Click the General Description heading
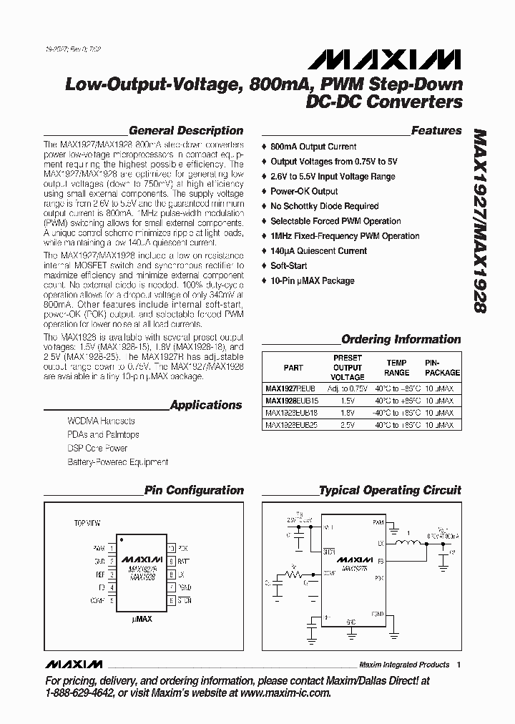186,131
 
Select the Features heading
436,131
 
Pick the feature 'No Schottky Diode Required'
325,206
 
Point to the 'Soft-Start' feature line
290,265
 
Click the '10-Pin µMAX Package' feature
312,280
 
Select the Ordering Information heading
401,339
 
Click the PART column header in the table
293,368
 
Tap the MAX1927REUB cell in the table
290,387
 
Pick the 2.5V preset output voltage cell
348,424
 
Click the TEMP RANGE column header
397,368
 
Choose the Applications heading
206,405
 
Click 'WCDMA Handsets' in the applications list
101,421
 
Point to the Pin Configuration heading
194,491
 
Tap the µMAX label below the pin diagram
142,618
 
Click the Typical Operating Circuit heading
390,491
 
